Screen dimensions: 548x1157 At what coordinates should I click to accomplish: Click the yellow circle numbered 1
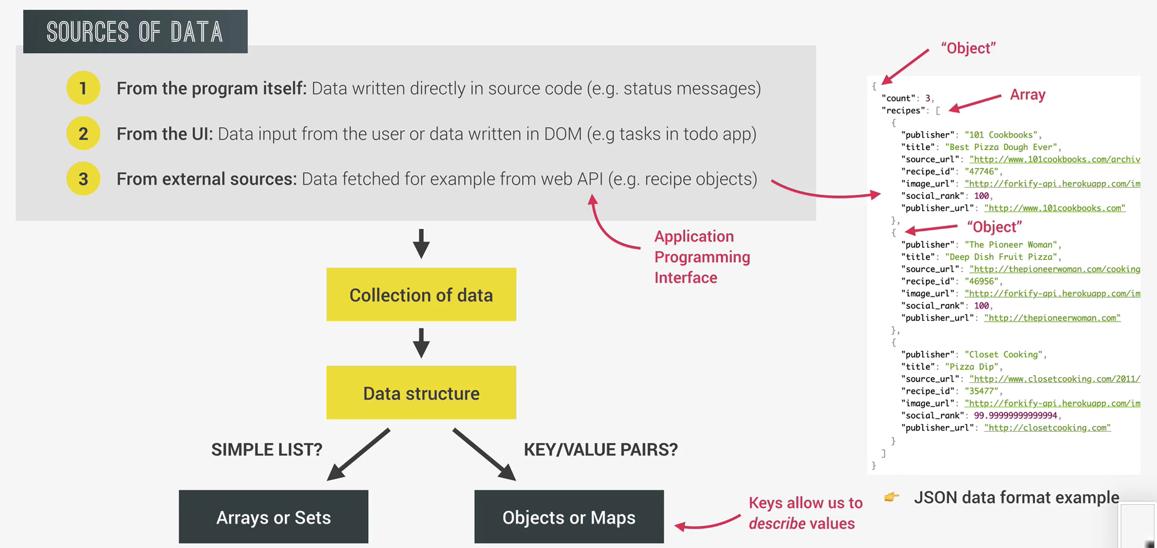coord(83,88)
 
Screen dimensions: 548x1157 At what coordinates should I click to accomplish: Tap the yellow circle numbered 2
coord(83,133)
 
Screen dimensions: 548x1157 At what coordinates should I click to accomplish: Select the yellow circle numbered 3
coord(83,179)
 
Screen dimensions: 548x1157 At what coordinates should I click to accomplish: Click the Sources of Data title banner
coord(135,32)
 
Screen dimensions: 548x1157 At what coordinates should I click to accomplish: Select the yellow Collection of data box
coord(421,295)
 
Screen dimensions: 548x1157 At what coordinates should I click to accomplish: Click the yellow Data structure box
coord(421,393)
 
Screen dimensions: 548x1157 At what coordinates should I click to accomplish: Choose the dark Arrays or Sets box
coord(274,517)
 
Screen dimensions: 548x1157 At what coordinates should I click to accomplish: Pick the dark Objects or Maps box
coord(568,517)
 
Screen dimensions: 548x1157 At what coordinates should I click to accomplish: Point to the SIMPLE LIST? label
coord(267,449)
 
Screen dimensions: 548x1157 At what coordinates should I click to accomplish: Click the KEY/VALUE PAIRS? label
coord(600,449)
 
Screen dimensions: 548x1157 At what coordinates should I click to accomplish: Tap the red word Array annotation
coord(1027,94)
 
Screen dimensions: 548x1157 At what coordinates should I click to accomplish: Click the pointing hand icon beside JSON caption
coord(892,497)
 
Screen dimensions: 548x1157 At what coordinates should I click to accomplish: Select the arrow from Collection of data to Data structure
coord(421,343)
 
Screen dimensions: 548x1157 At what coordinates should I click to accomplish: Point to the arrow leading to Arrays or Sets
coord(359,455)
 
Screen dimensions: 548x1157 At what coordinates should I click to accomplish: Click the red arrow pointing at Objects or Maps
coord(707,523)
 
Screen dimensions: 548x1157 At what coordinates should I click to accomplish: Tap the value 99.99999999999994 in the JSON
coord(1016,415)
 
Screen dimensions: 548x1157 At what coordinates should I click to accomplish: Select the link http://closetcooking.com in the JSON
coord(1047,428)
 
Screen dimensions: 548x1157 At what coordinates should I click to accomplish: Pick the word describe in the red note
coord(777,524)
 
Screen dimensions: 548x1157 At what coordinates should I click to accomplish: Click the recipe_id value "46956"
coord(982,282)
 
